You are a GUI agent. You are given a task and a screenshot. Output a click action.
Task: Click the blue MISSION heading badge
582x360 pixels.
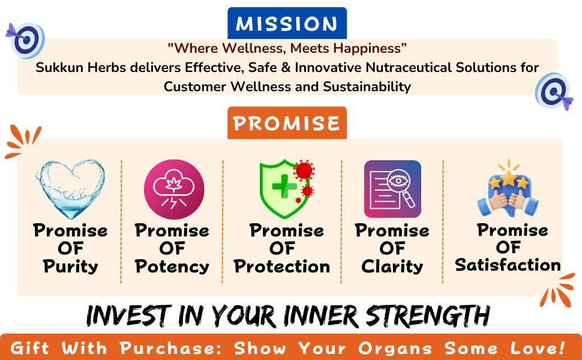tap(287, 23)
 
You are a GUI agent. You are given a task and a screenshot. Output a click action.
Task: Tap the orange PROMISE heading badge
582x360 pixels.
tap(287, 123)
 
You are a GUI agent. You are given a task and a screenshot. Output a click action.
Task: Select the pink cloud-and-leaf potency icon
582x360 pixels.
tap(174, 189)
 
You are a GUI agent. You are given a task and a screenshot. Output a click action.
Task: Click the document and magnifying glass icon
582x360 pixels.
tap(393, 189)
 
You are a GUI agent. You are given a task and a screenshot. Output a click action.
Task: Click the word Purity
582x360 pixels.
tap(71, 266)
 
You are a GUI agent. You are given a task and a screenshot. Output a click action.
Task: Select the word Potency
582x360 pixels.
tap(172, 266)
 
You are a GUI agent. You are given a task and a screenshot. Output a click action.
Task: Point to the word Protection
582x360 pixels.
tap(282, 266)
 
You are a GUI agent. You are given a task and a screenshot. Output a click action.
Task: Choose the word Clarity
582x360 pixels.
tap(392, 266)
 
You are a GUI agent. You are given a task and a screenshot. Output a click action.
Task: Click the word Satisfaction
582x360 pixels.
tap(508, 265)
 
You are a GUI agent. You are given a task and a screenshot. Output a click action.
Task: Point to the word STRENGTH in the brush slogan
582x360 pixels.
tap(428, 316)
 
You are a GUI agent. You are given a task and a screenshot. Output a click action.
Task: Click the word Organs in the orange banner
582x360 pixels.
tap(395, 349)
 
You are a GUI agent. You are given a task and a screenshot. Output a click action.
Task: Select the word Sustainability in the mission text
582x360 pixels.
tap(367, 86)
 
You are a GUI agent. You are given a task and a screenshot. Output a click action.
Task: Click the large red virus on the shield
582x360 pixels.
tap(304, 170)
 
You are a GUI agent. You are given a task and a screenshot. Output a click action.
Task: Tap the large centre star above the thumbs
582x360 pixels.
tap(509, 178)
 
